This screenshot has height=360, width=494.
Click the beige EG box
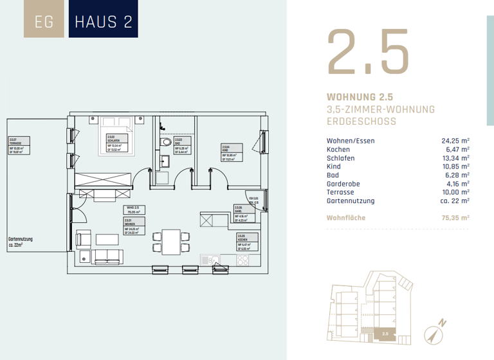tap(44, 21)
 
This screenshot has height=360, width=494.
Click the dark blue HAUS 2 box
tap(104, 21)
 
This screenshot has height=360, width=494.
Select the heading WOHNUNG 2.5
tap(359, 97)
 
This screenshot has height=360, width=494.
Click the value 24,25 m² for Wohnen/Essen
tap(455, 139)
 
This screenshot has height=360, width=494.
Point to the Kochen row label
tap(338, 148)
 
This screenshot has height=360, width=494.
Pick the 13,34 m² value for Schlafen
tap(455, 157)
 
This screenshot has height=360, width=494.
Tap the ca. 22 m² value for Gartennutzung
tap(453, 201)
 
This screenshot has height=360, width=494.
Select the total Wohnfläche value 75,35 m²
tap(454, 218)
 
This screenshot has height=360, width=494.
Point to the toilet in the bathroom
tap(166, 142)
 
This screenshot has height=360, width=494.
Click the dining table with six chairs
tap(171, 240)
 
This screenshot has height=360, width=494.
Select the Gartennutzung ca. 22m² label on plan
tap(21, 242)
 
